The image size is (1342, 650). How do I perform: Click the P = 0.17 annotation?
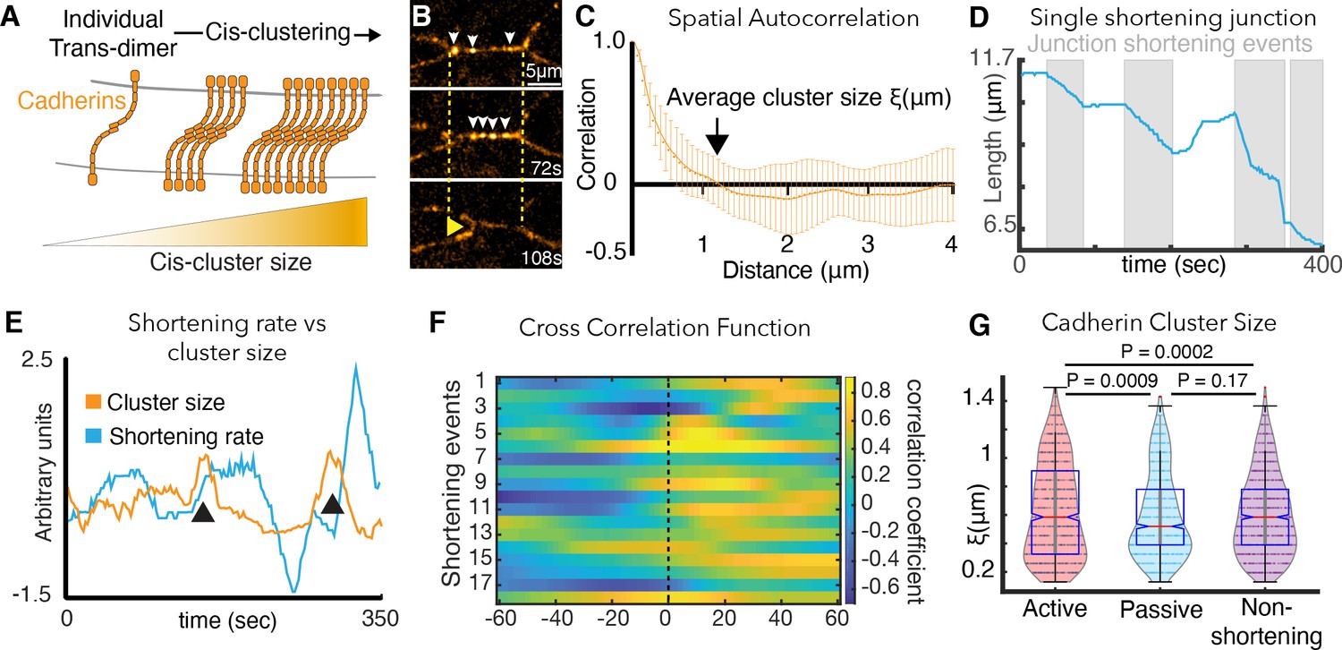1217,381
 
